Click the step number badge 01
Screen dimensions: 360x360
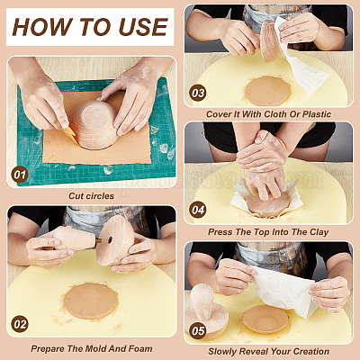point(20,175)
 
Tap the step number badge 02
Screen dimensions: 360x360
point(20,324)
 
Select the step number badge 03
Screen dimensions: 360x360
point(198,93)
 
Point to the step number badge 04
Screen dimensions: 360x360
point(198,210)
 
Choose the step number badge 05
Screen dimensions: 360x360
point(198,331)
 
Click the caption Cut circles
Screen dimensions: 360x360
point(92,196)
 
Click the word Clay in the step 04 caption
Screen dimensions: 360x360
point(319,232)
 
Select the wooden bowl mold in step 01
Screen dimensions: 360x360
point(94,124)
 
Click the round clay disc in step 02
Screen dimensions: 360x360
point(91,301)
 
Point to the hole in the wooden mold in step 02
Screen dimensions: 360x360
point(110,239)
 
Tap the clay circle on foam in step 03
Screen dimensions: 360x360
point(267,91)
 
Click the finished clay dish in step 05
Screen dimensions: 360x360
point(265,319)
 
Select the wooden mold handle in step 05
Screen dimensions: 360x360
point(202,301)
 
